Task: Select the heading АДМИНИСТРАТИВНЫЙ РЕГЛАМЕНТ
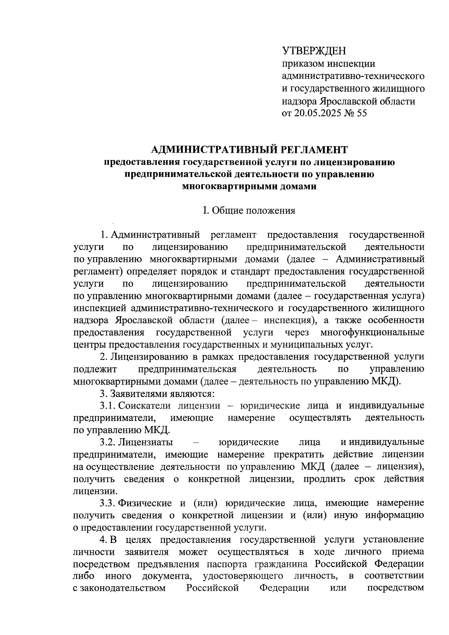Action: point(249,150)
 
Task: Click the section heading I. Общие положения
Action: point(249,211)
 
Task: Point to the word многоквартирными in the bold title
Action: point(229,186)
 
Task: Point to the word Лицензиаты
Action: point(146,442)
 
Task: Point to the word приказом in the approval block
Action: point(303,64)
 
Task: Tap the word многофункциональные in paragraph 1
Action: point(372,332)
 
